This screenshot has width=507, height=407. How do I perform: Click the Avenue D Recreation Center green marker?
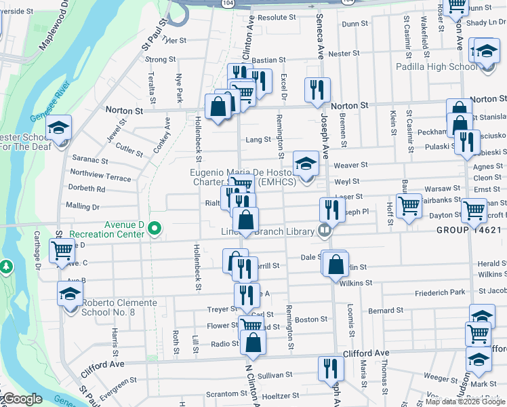point(155,229)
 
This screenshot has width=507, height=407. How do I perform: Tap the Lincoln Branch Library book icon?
point(325,231)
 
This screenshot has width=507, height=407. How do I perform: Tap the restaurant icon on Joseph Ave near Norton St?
point(317,90)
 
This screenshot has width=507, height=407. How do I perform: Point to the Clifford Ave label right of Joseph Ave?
point(366,353)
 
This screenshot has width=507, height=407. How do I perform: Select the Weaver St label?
point(350,165)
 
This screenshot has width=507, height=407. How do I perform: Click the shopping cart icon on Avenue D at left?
point(62,250)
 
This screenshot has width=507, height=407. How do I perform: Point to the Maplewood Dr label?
point(54,31)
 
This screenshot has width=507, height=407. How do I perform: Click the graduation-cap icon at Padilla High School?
point(486,52)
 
